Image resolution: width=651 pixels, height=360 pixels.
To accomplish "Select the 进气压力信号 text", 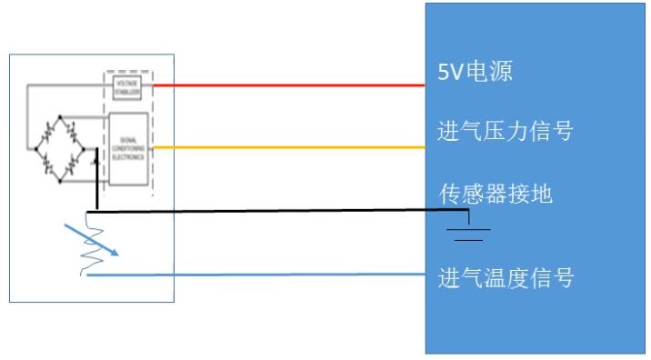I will (506, 133).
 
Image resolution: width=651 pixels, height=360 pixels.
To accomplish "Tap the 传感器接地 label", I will (496, 194).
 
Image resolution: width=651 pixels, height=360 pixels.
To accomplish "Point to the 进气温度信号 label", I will (506, 276).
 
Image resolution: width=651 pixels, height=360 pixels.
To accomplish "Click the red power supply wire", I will (291, 85).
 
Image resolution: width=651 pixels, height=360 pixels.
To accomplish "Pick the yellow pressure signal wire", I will (291, 146).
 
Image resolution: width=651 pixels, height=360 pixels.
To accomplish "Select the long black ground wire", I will (273, 210).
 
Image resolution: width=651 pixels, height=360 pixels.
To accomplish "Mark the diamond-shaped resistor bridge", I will (60, 149).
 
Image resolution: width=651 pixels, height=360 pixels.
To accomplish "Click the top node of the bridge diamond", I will (60, 117).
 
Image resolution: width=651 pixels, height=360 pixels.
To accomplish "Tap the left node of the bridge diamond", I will (30, 148).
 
